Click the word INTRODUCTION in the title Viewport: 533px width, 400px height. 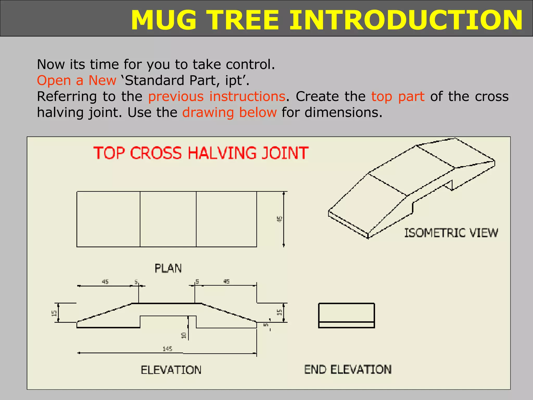[406, 20]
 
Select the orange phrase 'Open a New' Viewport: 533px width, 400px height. [76, 80]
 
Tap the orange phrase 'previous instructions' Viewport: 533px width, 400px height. [217, 97]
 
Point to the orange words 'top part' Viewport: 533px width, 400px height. [398, 97]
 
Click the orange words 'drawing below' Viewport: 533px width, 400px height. [229, 113]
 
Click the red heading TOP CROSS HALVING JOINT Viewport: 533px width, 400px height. [201, 153]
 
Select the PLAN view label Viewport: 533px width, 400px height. [168, 268]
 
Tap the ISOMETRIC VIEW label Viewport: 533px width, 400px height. [451, 233]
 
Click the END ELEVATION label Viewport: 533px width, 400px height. [348, 370]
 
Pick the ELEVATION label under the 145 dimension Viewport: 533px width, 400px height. [171, 370]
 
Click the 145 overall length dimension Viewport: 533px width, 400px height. [167, 349]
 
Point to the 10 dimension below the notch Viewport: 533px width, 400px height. [184, 335]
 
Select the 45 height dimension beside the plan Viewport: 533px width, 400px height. [280, 219]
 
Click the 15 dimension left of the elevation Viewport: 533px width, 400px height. [54, 313]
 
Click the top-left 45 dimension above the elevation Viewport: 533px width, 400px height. [105, 282]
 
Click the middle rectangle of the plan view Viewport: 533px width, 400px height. [168, 219]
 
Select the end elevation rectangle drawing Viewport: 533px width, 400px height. [346, 315]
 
